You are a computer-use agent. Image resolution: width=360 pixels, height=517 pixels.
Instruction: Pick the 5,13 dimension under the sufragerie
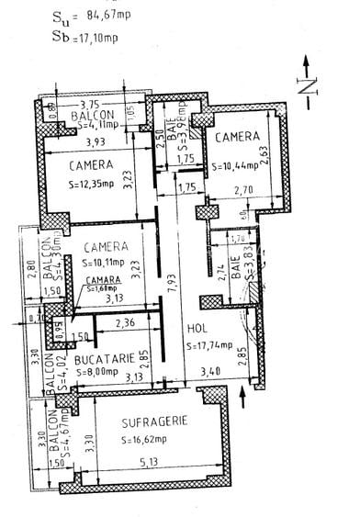pos(147,476)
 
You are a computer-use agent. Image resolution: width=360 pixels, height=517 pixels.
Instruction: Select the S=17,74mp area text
pos(213,345)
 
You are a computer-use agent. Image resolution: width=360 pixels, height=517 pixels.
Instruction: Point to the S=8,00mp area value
pos(96,374)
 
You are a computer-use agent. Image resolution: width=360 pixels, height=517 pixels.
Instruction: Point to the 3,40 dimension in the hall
pos(209,373)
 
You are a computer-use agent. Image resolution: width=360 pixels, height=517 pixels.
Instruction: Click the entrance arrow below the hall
pos(242,397)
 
